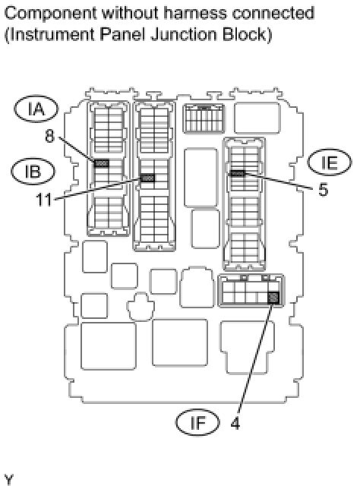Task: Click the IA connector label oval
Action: pos(36,109)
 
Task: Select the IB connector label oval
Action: pos(33,171)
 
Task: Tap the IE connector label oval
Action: pos(330,162)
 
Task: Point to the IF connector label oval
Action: pos(197,422)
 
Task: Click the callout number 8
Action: pos(49,136)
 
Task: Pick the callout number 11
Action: pos(44,199)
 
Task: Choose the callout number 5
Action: pos(324,189)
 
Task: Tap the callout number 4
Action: pos(235,424)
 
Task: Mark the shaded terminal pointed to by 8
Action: pos(102,163)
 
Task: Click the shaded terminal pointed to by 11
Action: pos(147,178)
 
